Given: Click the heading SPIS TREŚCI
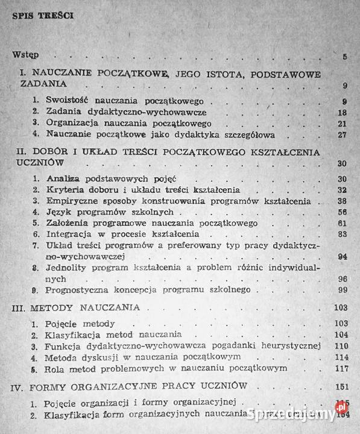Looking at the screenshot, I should point(42,16).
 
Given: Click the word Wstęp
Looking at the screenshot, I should point(25,55).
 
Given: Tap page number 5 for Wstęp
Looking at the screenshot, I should point(344,57).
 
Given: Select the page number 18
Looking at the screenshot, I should point(342,112).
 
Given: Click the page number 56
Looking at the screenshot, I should point(342,213).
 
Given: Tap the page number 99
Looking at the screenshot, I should point(342,291).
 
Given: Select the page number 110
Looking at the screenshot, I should point(340,346).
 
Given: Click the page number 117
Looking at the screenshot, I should point(340,368).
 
